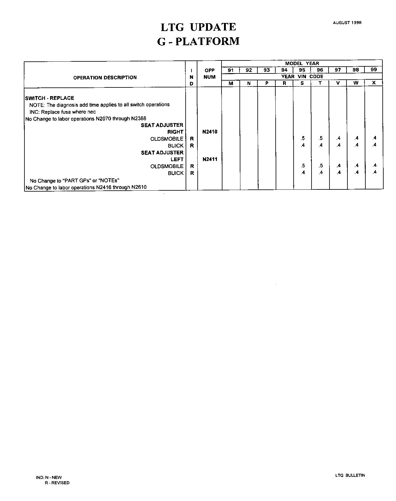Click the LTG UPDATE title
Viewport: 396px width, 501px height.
[198, 27]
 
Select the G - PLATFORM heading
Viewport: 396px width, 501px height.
[198, 41]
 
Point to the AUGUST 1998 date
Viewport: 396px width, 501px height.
[347, 23]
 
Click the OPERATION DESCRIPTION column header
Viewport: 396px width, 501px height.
[105, 78]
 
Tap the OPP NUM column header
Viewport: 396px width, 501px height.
[209, 74]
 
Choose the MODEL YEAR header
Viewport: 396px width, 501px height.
[302, 64]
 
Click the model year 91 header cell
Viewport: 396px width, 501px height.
[231, 70]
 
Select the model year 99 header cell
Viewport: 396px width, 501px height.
[374, 70]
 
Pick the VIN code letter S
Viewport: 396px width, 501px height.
[302, 83]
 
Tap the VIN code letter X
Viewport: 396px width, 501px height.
[374, 83]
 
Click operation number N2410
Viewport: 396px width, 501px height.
[210, 132]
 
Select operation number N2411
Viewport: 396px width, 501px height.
[210, 159]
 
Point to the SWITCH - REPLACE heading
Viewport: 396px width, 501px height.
[49, 98]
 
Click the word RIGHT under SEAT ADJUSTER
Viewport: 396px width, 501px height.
[175, 132]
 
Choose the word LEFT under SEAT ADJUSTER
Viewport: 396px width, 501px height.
[177, 159]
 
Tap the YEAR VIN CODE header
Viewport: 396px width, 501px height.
[302, 77]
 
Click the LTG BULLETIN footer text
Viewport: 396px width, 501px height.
[350, 475]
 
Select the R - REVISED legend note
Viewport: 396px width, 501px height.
[57, 483]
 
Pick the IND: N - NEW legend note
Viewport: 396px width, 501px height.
[49, 477]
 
